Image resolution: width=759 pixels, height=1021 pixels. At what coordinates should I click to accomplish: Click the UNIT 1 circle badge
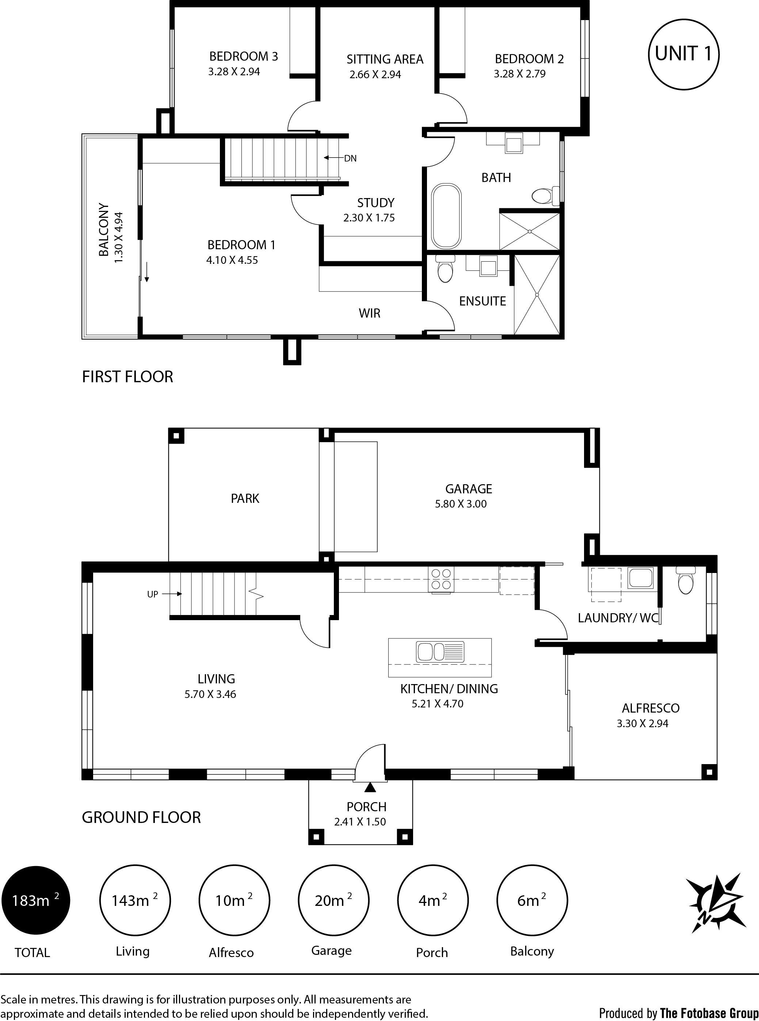click(683, 54)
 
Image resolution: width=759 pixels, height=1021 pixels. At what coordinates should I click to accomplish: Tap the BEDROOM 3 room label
click(244, 57)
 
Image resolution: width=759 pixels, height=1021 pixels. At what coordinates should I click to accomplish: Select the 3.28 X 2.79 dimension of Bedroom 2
click(520, 74)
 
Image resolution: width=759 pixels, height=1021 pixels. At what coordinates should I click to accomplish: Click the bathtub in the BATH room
click(446, 217)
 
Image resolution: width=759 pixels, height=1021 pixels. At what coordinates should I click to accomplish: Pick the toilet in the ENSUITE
click(445, 269)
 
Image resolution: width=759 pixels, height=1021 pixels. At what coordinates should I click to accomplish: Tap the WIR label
click(369, 314)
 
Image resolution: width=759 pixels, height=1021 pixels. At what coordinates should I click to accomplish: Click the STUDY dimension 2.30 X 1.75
click(369, 218)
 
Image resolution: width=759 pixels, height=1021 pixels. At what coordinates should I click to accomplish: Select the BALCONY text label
click(104, 230)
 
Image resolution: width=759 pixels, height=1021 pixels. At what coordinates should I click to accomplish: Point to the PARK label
click(245, 498)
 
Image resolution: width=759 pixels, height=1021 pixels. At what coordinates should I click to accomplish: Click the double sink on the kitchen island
click(440, 652)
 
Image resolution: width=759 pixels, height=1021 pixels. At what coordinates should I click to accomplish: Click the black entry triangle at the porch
click(370, 787)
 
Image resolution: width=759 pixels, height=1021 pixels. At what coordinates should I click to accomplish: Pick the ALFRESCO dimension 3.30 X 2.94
click(642, 724)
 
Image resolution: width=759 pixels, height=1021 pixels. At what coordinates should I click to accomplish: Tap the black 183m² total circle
click(36, 900)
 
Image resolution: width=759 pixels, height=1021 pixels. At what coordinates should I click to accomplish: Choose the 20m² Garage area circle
click(333, 900)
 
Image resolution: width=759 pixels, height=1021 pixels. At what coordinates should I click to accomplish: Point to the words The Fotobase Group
click(709, 1010)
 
